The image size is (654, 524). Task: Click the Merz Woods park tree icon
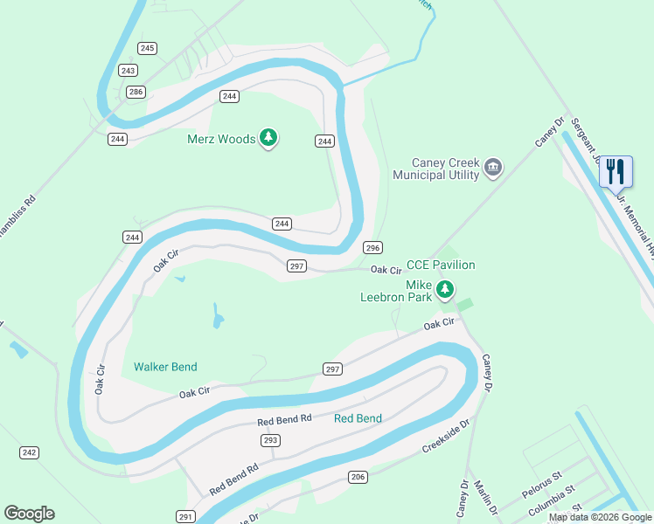pos(269,138)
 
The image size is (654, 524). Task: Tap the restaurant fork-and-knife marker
pos(616,169)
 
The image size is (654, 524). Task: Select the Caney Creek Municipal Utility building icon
pos(493,167)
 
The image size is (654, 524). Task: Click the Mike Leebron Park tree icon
pos(445,289)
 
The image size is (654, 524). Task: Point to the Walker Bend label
pos(165,367)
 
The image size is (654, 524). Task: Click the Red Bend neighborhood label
pos(358,418)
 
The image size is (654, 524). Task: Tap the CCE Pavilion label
pos(441,265)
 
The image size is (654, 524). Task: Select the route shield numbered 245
pos(147,48)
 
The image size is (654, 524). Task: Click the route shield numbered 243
pos(129,71)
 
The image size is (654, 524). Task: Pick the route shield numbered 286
pos(135,92)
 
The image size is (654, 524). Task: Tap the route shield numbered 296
pos(372,247)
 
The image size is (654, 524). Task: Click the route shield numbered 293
pos(270,440)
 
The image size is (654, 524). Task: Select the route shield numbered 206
pos(357,476)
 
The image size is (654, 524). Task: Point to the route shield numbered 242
pos(29,452)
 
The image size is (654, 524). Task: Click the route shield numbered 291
pos(185,516)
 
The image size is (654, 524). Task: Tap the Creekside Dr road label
pos(446,434)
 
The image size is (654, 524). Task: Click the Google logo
pos(29,514)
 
